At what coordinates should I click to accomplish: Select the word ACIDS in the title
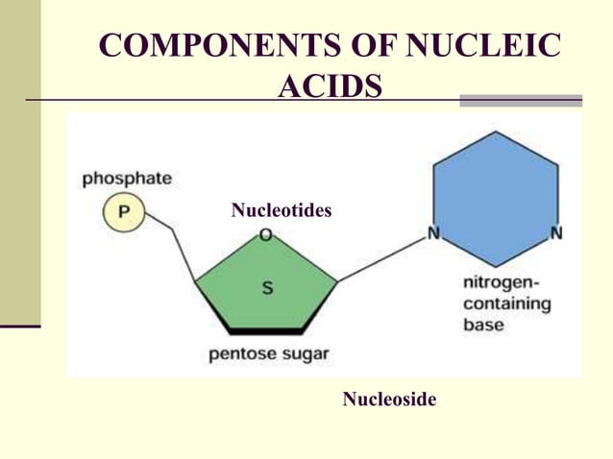coord(330,87)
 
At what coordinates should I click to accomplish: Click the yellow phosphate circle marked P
coord(122,211)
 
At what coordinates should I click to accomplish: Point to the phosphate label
coord(127,179)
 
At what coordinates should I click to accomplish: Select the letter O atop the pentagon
coord(264,235)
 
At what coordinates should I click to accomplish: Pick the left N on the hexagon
coord(433,233)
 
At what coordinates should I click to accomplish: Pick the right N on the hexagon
coord(556,233)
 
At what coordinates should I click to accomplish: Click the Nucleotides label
coord(282,209)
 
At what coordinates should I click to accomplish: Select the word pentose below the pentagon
coord(242,353)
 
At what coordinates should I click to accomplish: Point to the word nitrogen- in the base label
coord(502,284)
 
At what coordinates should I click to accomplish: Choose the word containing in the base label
coord(506,304)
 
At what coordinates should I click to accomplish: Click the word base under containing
coord(483,325)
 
